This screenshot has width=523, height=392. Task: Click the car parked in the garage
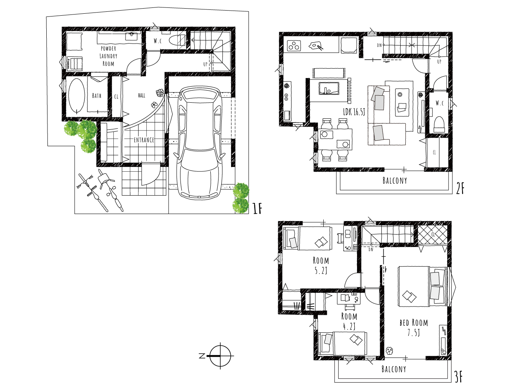pyautogui.click(x=200, y=143)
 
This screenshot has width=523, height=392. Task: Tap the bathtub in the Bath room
pyautogui.click(x=77, y=96)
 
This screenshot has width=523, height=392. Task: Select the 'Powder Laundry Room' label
pyautogui.click(x=108, y=56)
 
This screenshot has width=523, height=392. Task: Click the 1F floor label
pyautogui.click(x=257, y=209)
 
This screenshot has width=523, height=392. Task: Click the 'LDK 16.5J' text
pyautogui.click(x=354, y=112)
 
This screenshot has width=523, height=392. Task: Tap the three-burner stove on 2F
pyautogui.click(x=295, y=45)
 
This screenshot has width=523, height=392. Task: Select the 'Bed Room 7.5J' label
pyautogui.click(x=414, y=328)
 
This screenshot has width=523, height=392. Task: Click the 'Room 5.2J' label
pyautogui.click(x=321, y=265)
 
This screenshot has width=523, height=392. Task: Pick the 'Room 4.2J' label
pyautogui.click(x=349, y=321)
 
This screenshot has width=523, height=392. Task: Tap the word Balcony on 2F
pyautogui.click(x=395, y=180)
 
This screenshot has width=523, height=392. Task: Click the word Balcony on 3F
pyautogui.click(x=394, y=369)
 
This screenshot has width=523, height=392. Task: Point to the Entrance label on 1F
pyautogui.click(x=144, y=140)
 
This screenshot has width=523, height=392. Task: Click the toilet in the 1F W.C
pyautogui.click(x=177, y=40)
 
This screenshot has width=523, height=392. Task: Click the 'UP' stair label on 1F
pyautogui.click(x=205, y=64)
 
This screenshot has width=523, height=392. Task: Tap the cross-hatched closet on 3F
pyautogui.click(x=432, y=235)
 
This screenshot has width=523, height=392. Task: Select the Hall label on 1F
pyautogui.click(x=142, y=95)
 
